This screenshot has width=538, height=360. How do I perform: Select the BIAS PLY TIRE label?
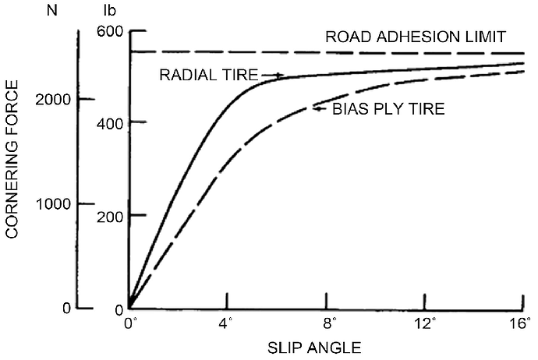coord(388,109)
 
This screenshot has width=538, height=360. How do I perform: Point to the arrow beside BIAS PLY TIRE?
coord(320,108)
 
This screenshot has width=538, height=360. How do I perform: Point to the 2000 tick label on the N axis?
coord(53,99)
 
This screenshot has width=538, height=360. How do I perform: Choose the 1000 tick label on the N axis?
coord(53,203)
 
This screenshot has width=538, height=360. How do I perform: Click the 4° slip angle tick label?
coord(227,321)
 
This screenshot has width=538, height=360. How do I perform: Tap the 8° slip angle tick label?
coord(327,321)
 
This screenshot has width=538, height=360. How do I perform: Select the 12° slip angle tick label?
coord(426,321)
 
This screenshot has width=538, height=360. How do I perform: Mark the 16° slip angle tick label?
coord(522,321)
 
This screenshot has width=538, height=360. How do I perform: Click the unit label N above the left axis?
coord(53,12)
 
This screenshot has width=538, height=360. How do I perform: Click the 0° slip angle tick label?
coord(131,321)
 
